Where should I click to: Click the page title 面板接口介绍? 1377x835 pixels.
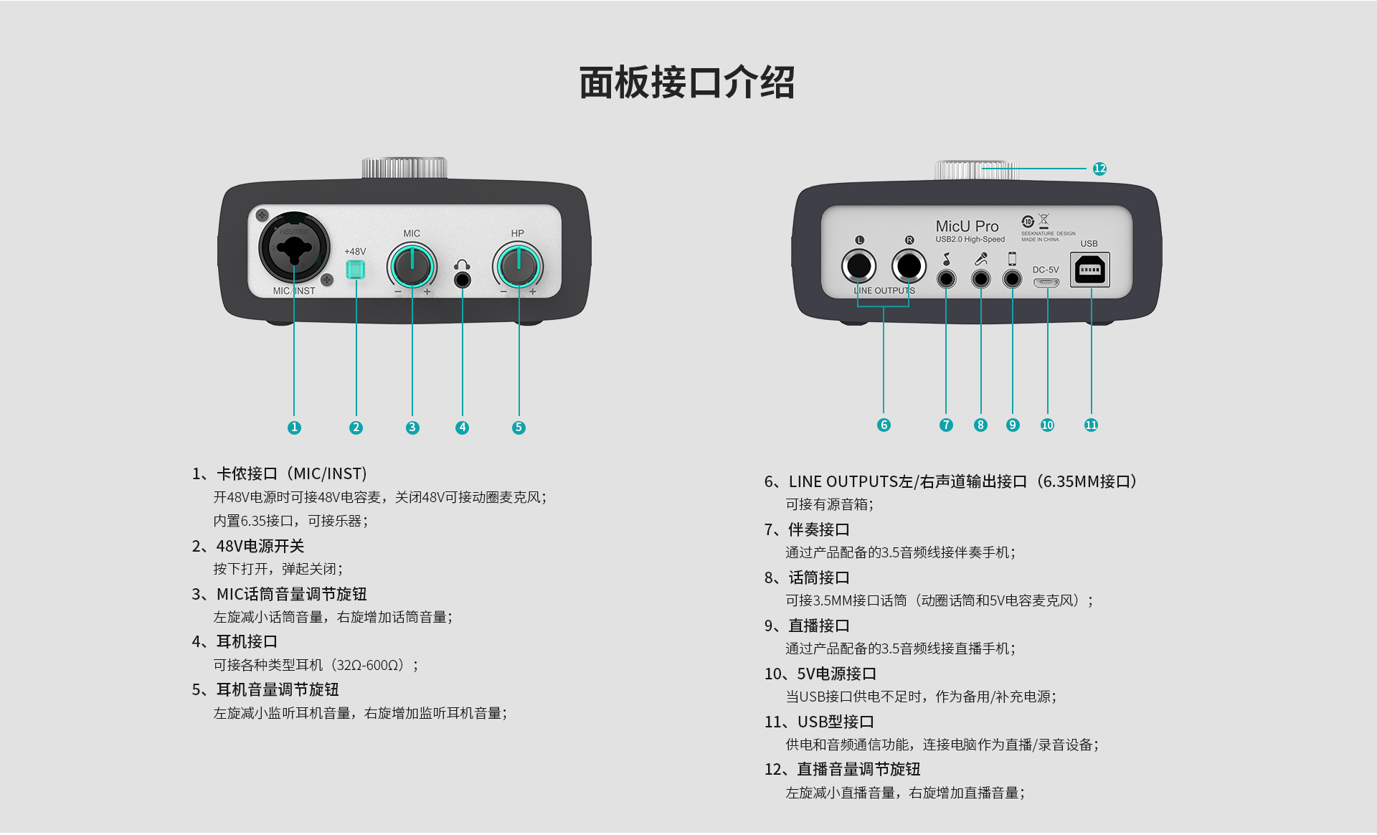686,82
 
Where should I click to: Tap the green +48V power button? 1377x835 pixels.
355,270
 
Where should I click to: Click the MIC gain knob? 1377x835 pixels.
412,266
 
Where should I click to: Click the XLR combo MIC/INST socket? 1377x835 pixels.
294,248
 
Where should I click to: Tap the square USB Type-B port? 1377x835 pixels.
1090,270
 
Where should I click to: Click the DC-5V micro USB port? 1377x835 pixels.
1046,283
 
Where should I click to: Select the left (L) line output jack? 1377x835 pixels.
858,266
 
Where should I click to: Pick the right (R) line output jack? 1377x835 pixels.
909,266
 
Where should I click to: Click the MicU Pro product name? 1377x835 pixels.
967,226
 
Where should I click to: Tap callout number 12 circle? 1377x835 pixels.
1099,169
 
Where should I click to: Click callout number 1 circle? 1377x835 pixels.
294,428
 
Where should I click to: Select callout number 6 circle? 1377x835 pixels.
884,425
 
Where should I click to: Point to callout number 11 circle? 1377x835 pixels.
1091,425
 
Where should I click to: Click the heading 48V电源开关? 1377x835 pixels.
260,546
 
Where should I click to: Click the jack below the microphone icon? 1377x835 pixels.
980,278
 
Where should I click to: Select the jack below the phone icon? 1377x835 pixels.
1012,278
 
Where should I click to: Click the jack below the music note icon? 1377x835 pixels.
947,278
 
